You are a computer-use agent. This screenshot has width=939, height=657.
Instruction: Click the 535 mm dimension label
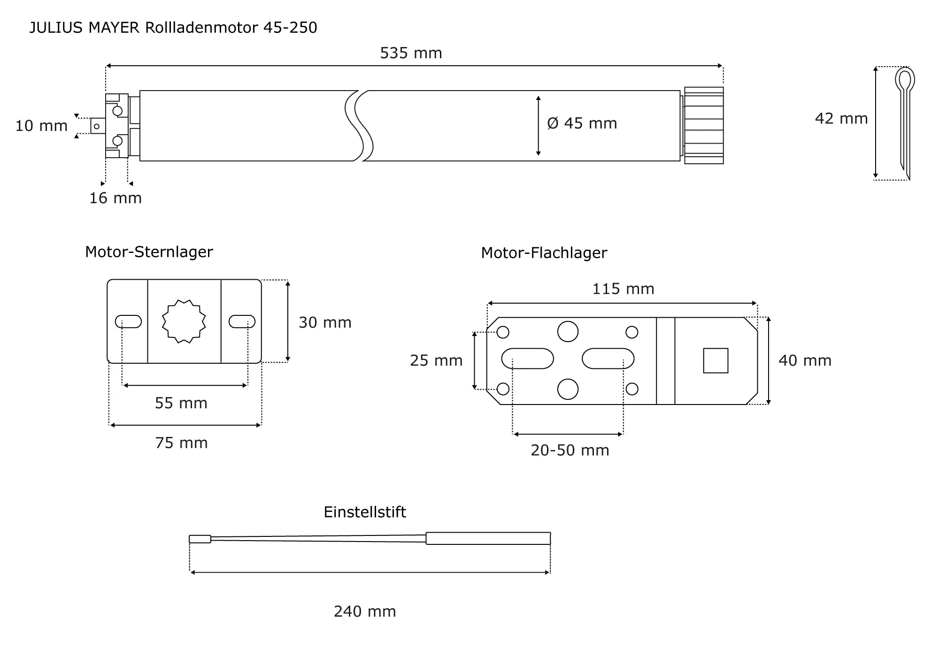point(411,53)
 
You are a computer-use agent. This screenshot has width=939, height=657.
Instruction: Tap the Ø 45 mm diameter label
point(582,123)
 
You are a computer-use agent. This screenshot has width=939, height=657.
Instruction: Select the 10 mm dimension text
point(41,126)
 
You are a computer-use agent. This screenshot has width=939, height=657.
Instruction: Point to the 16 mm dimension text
point(115,198)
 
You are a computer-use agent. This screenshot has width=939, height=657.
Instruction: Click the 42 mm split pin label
point(841,118)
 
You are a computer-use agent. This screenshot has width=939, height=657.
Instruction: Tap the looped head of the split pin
point(905,80)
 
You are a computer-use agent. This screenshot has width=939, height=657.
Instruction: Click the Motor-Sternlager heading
point(149,252)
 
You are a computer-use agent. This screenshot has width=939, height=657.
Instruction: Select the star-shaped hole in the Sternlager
point(184,321)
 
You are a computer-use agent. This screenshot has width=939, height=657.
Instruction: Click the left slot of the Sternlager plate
point(128,321)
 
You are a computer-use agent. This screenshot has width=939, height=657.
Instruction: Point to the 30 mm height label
point(325,322)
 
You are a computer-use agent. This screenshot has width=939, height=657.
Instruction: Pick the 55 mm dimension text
point(181,403)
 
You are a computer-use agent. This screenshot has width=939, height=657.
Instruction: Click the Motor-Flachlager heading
point(544,253)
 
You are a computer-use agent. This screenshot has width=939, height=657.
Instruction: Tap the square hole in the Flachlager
point(716,360)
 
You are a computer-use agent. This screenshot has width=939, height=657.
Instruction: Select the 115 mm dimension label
point(623,289)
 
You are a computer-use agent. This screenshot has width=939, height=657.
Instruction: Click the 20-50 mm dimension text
point(570,451)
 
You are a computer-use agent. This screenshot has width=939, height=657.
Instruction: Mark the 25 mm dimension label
point(436,360)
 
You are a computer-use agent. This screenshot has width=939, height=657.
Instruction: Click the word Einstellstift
point(365,512)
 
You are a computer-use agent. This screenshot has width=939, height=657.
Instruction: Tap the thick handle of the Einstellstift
point(488,538)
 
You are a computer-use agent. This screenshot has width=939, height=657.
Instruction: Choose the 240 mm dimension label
point(365,611)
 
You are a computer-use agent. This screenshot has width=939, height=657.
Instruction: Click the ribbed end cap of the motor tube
point(703,126)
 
